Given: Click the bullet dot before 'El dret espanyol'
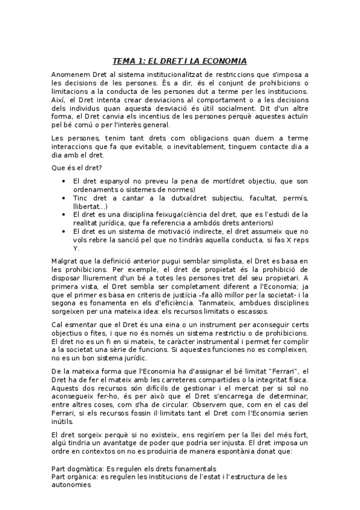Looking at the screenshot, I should click(x=64, y=181).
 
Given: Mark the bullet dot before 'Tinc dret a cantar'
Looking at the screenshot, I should click(x=64, y=197).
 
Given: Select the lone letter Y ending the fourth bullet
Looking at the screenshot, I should click(x=75, y=248).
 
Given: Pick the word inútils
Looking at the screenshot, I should click(x=63, y=420).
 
